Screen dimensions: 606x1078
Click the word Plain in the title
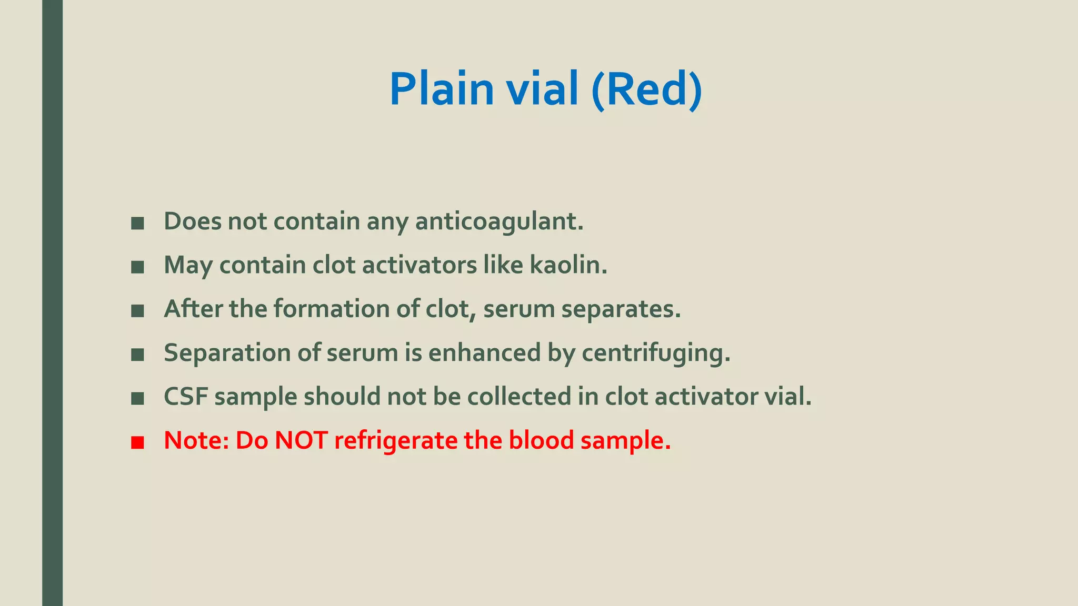[x=441, y=89]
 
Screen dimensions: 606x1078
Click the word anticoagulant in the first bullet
[x=499, y=221]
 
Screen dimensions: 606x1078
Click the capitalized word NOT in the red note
[x=301, y=440]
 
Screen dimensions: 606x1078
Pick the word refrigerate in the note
[x=395, y=440]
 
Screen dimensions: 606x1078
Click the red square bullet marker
[x=137, y=442]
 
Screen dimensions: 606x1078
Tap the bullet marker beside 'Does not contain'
[x=137, y=224]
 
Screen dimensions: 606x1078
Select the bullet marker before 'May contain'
[x=137, y=267]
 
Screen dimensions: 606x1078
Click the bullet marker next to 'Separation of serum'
[x=137, y=355]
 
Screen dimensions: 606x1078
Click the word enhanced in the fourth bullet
[x=484, y=353]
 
